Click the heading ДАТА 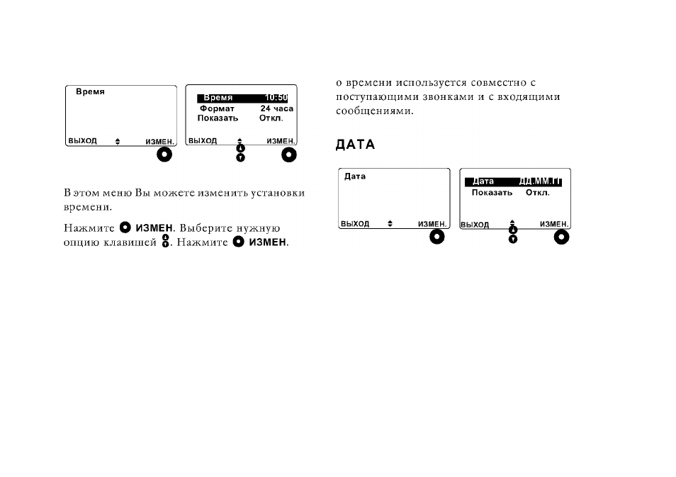pos(355,145)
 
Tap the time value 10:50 pos(276,98)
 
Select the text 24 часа pos(277,108)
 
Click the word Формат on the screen pos(217,108)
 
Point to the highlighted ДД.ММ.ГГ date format pos(540,181)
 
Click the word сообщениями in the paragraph pos(375,111)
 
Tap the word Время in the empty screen pos(90,91)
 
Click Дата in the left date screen pos(355,176)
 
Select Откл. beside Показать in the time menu pos(271,118)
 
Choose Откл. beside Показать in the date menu pos(538,192)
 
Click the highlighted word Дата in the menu pos(483,181)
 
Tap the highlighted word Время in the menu pos(218,98)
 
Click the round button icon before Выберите pos(125,227)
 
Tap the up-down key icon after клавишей pos(165,241)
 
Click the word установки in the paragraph pos(278,193)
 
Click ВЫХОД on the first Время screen pos(82,141)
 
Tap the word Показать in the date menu pos(492,192)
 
